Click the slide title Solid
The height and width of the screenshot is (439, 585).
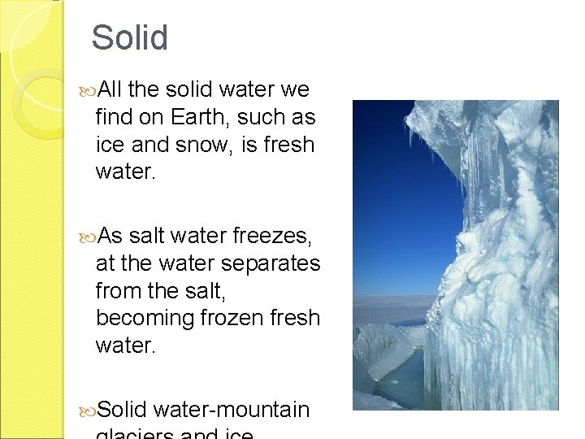coord(129,38)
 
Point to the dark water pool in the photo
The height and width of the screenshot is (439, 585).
coord(402,382)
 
